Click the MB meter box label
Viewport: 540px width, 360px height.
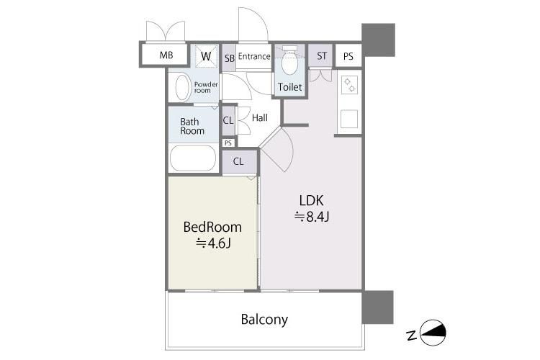point(166,55)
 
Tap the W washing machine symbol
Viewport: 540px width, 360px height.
point(207,56)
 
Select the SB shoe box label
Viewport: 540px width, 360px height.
point(230,58)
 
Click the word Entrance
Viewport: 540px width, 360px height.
point(254,56)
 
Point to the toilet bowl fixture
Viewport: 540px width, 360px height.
point(289,60)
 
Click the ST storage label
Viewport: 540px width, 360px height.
point(322,56)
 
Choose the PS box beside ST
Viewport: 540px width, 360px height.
point(348,56)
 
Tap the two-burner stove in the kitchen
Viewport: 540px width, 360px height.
point(349,85)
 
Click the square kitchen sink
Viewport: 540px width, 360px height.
point(349,119)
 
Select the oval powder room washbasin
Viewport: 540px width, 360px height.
point(183,88)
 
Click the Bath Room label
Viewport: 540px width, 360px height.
point(192,127)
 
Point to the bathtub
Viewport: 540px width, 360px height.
point(193,158)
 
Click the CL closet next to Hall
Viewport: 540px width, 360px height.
point(228,120)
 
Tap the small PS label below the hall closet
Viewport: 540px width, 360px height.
point(228,143)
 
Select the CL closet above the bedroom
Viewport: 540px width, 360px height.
point(239,161)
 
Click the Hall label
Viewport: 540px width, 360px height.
point(260,118)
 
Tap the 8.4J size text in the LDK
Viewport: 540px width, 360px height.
point(312,217)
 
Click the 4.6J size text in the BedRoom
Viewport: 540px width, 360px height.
point(214,243)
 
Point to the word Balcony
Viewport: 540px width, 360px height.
point(264,320)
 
